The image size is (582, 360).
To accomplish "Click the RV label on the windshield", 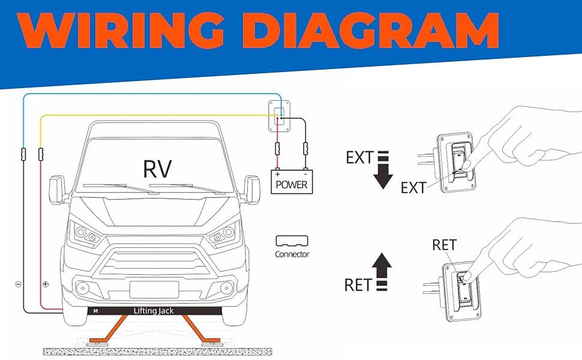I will (158, 169).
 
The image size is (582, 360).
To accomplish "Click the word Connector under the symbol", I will (292, 254).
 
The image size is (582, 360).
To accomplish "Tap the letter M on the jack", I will (95, 311).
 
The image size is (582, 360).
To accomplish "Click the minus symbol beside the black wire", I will (18, 284).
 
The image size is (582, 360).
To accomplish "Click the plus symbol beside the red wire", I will (46, 284).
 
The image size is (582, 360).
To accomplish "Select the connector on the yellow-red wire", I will (41, 155).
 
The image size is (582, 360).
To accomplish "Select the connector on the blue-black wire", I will (23, 155).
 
